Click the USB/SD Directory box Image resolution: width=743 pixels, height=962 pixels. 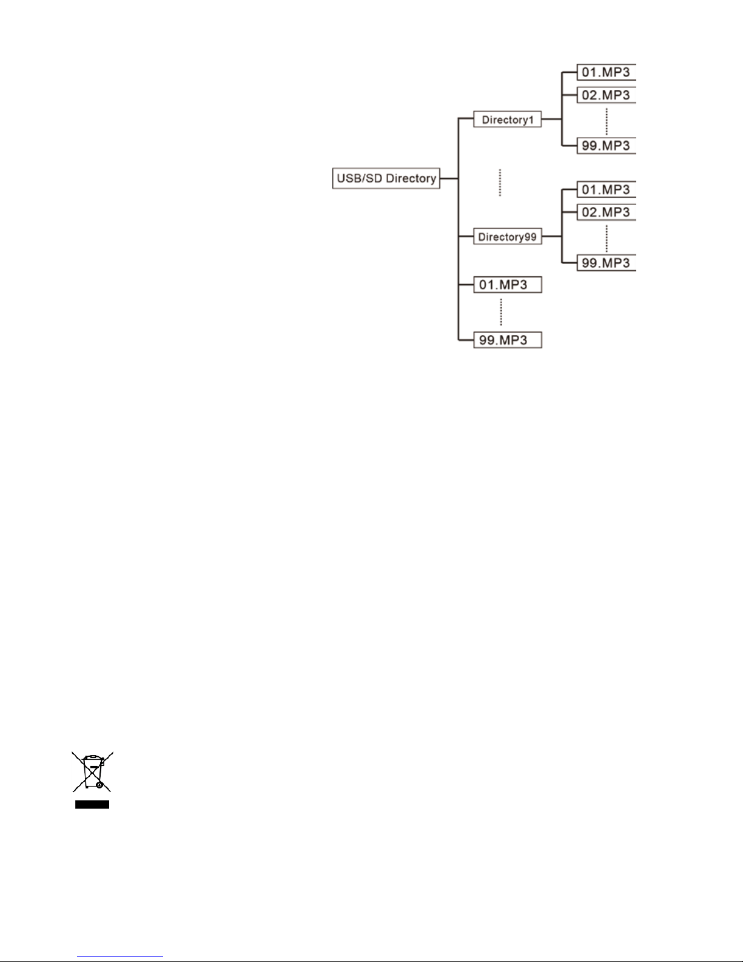click(x=386, y=178)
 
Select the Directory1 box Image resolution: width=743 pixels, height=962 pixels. click(x=507, y=120)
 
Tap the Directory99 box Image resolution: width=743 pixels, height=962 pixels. click(x=507, y=237)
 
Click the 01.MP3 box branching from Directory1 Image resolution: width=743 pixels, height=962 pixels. click(x=606, y=72)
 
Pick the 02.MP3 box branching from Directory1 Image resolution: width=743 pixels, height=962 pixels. click(x=606, y=95)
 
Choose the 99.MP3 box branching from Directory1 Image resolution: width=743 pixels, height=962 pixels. click(x=606, y=146)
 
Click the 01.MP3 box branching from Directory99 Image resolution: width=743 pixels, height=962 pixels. click(x=606, y=190)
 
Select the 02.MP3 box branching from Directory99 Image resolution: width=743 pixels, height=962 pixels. click(x=606, y=212)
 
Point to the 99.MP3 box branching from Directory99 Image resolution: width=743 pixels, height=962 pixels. click(x=606, y=263)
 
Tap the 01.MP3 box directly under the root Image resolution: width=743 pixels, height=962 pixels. click(x=507, y=285)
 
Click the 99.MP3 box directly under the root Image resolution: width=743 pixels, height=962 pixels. click(x=507, y=340)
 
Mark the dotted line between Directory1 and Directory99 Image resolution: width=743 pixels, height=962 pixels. click(x=500, y=182)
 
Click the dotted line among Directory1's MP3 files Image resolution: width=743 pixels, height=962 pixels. click(x=607, y=121)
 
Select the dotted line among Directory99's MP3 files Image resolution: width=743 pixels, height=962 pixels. click(x=607, y=238)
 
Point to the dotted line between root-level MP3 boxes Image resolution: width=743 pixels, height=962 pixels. click(x=501, y=312)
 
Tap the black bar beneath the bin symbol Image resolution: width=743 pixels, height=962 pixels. click(x=92, y=805)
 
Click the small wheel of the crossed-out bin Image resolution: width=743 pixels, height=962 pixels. click(x=99, y=785)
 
